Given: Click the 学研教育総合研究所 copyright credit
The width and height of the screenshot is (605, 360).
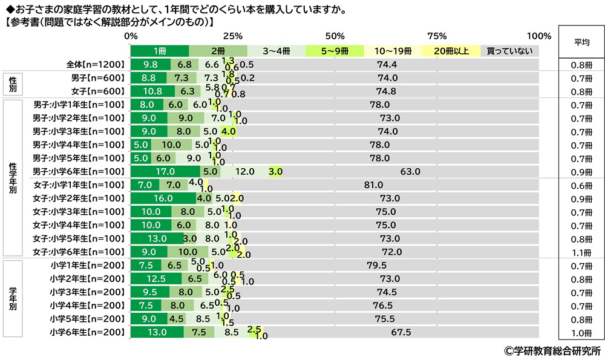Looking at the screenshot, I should (x=552, y=350).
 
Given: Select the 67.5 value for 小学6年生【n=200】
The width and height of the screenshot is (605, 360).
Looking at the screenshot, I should (x=401, y=332).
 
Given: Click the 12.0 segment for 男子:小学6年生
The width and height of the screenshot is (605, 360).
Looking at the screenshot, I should (x=244, y=171).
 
